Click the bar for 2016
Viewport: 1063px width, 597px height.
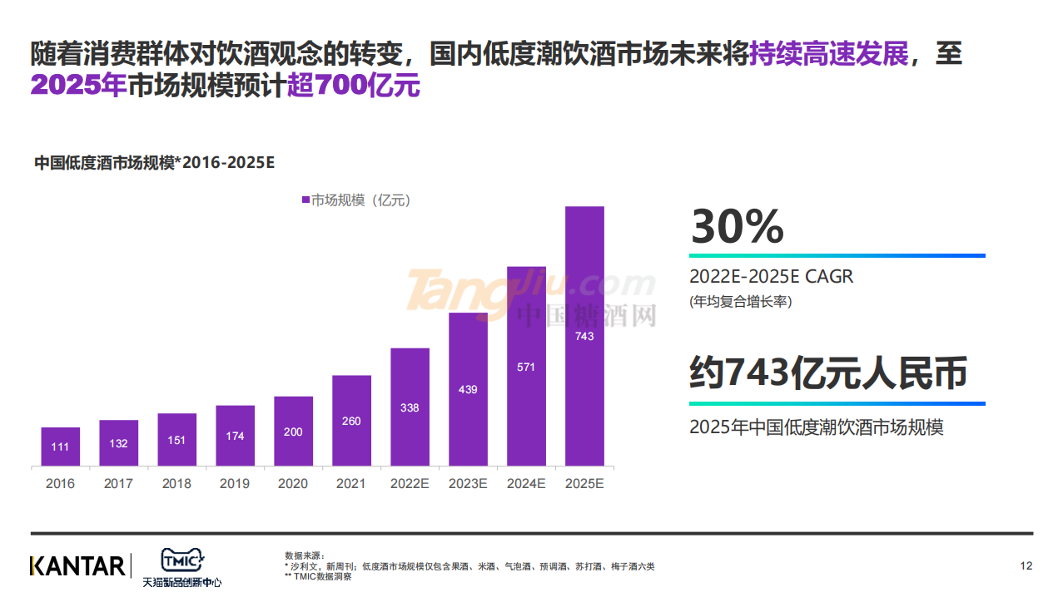[x=60, y=447]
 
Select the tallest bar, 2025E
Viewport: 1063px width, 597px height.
[x=584, y=336]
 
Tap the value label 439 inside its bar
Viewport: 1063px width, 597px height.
[x=468, y=389]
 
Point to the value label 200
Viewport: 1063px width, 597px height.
[x=293, y=432]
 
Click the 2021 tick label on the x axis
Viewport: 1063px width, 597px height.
[x=351, y=483]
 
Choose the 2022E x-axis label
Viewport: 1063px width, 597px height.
[x=410, y=483]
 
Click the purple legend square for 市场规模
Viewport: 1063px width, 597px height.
[x=305, y=200]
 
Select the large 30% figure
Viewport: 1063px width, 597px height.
[x=738, y=226]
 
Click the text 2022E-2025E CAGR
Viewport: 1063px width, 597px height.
[x=771, y=277]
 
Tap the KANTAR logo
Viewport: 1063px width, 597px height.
[x=77, y=566]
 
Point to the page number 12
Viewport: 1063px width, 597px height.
[x=1026, y=566]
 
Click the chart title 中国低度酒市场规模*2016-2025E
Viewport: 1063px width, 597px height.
[x=154, y=163]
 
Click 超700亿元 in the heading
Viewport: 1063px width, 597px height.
[x=354, y=86]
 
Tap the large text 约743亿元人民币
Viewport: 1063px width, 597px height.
[x=828, y=373]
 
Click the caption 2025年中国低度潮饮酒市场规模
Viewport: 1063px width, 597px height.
[x=816, y=427]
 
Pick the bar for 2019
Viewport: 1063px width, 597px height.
[x=235, y=436]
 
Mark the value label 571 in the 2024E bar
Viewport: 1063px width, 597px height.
[x=526, y=367]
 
